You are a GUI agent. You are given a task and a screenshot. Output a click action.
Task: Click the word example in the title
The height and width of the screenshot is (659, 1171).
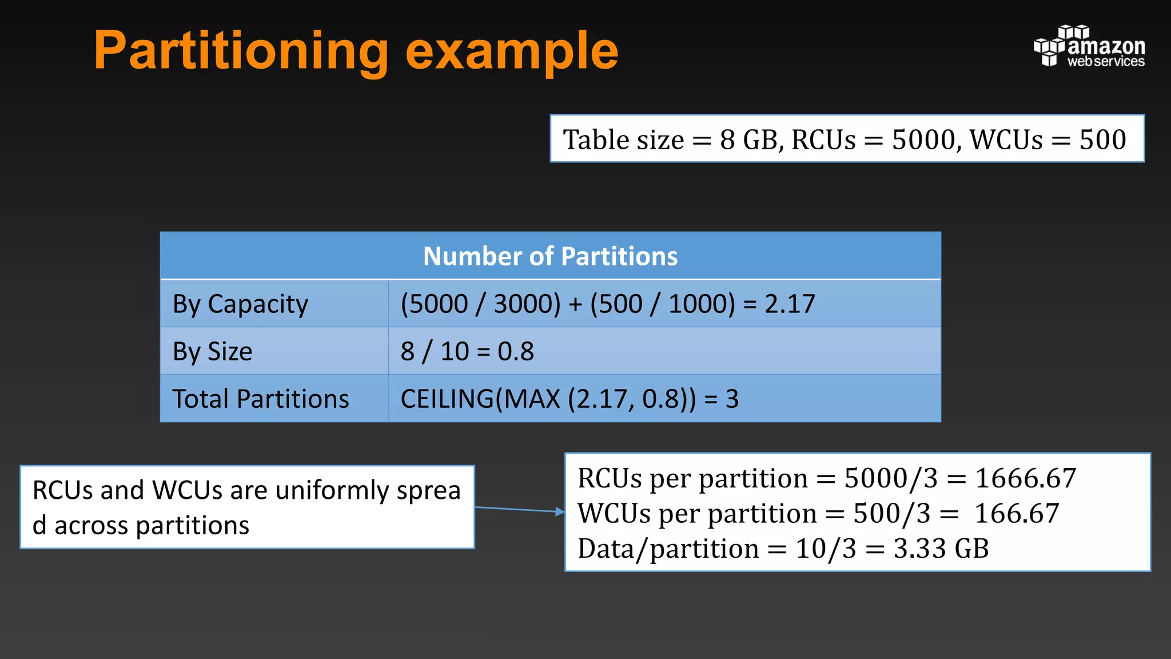click(512, 51)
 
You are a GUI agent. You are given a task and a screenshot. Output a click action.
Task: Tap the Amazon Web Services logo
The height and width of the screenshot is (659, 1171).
click(1089, 47)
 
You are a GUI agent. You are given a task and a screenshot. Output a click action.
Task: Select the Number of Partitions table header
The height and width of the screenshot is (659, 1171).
click(550, 256)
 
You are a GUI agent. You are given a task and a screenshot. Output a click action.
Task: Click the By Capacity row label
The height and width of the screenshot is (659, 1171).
click(240, 304)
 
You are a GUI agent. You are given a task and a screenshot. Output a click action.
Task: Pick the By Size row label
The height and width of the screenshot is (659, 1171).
click(212, 351)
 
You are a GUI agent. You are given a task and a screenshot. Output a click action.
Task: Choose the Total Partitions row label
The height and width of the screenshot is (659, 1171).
click(260, 399)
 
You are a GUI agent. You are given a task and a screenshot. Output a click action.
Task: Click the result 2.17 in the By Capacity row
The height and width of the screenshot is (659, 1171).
click(790, 304)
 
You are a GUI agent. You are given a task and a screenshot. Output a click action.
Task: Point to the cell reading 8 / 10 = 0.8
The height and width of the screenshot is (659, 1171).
click(467, 351)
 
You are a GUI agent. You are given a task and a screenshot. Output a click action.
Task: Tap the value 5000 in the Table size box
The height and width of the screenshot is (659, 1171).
click(923, 140)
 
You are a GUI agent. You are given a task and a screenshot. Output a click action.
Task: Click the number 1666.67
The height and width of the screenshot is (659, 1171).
click(1025, 478)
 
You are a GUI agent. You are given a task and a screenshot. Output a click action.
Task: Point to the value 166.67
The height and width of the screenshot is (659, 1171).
click(1017, 513)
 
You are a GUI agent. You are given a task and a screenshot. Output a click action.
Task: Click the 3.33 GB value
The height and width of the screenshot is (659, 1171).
click(941, 549)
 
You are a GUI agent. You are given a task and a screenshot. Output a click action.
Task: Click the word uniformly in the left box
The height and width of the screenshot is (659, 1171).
click(332, 491)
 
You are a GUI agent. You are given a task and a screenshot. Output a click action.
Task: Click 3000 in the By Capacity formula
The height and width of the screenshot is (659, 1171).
click(527, 304)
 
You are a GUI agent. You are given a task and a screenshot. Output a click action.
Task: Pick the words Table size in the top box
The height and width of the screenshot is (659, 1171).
click(623, 140)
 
